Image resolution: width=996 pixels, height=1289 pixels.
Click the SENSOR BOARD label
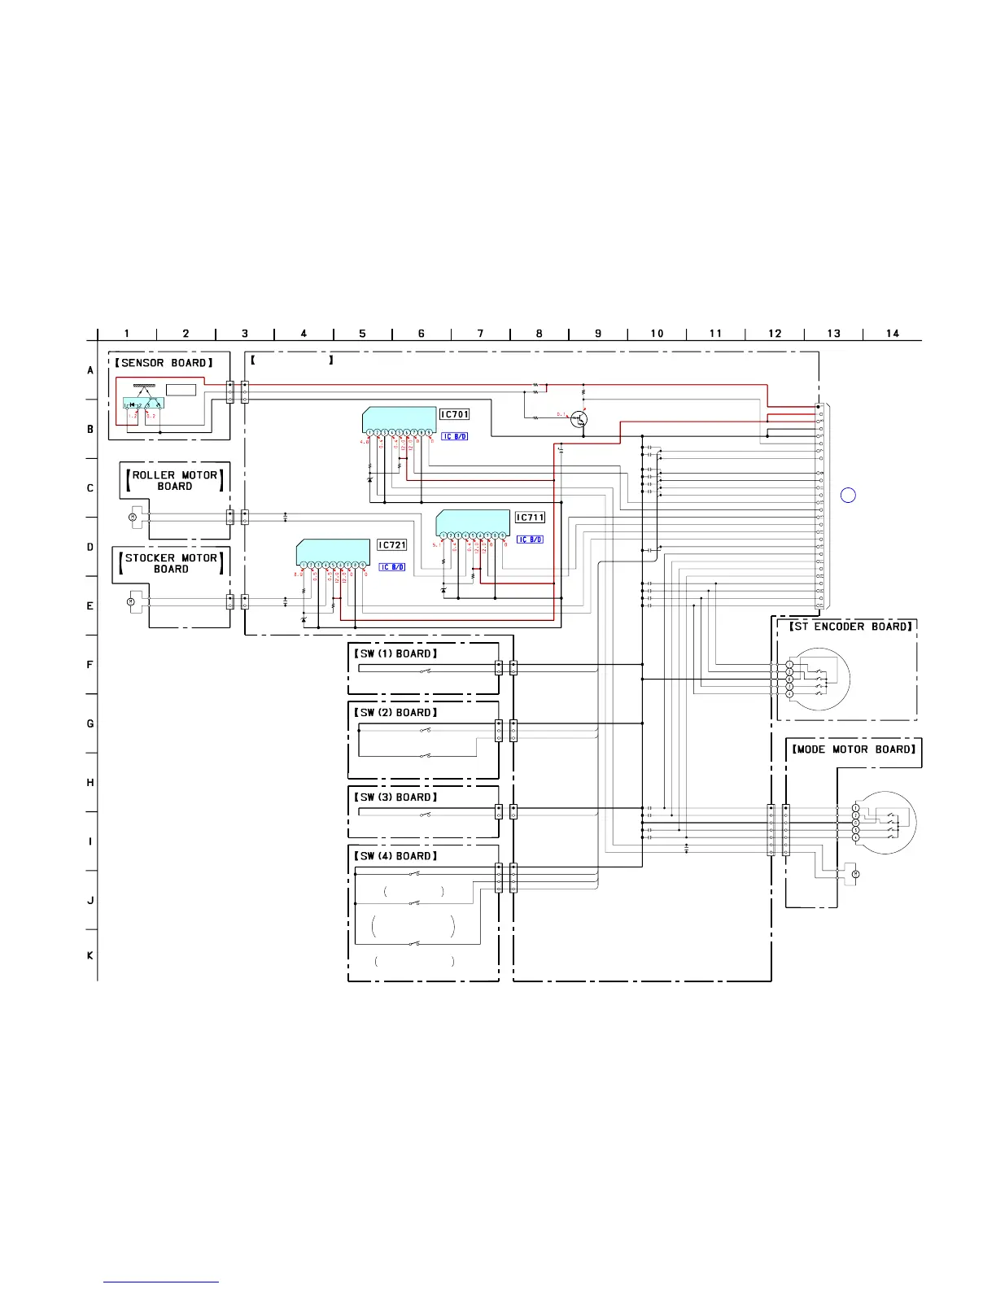[164, 363]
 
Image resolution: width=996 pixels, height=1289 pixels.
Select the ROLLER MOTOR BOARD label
[175, 480]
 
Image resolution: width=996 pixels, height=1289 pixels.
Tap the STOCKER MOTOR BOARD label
[171, 563]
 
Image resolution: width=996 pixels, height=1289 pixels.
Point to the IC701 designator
[455, 414]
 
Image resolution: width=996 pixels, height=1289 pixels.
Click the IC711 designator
[530, 518]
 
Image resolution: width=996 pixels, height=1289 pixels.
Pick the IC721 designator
[392, 545]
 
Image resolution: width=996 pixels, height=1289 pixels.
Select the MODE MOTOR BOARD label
[854, 749]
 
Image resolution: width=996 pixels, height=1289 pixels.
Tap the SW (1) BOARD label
[396, 653]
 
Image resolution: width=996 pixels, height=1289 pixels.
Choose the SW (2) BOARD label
[396, 712]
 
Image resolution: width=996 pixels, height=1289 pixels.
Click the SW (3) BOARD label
[396, 797]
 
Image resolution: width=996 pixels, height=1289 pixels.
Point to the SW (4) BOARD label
[396, 855]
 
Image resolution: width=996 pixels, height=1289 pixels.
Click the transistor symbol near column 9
[580, 420]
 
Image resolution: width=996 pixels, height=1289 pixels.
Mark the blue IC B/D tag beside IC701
[455, 437]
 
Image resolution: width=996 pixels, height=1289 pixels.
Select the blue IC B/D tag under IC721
[392, 567]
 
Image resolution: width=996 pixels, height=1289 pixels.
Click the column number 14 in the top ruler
[893, 334]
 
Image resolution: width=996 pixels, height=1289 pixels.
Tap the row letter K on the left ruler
[90, 955]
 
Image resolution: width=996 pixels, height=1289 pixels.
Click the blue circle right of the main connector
[848, 495]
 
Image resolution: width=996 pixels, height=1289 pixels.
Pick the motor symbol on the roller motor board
[132, 517]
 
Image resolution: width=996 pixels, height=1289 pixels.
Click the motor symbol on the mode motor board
[854, 874]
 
